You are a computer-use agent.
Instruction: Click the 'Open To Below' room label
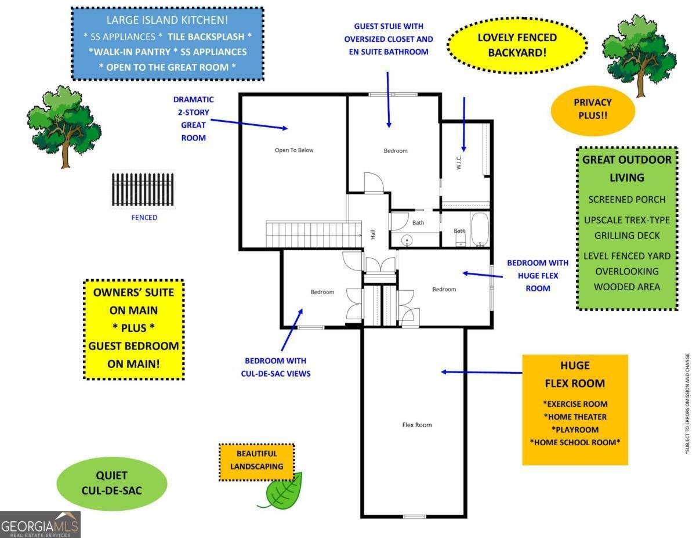click(293, 150)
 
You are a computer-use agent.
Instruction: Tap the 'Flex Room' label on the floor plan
click(416, 425)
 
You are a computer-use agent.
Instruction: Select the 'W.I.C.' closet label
click(458, 163)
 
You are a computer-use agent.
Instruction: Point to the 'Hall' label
click(373, 234)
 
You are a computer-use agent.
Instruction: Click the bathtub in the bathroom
click(480, 229)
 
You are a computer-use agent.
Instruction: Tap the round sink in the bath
click(407, 240)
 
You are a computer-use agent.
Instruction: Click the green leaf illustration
click(281, 490)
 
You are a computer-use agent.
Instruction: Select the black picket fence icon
click(143, 189)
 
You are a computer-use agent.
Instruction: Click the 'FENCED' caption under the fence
click(144, 218)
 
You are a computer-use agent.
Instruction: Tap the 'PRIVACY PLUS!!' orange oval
click(593, 110)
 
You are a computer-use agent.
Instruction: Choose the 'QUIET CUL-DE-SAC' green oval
click(112, 483)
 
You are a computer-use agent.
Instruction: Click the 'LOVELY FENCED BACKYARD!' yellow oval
click(517, 45)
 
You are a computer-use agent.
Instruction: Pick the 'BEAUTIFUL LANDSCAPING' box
click(256, 462)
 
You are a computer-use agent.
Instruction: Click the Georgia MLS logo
click(40, 525)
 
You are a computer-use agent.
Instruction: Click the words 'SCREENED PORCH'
click(627, 199)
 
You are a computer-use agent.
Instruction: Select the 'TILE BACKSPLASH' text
click(206, 37)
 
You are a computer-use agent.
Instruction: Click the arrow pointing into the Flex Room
click(481, 372)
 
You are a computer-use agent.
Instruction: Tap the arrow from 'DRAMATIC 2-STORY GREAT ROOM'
click(249, 124)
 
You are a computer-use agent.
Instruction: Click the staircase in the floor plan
click(314, 234)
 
